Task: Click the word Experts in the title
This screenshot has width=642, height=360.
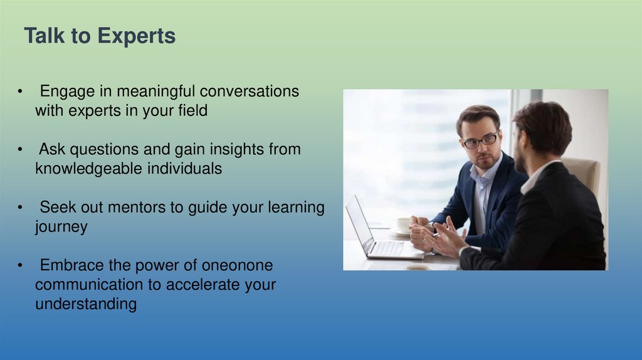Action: point(136,36)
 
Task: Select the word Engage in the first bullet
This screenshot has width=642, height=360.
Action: point(67,92)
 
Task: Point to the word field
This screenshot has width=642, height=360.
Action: point(193,110)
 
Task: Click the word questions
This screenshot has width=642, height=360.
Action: point(104,150)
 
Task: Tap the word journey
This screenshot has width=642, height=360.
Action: point(61,227)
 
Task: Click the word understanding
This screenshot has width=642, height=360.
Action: point(86,304)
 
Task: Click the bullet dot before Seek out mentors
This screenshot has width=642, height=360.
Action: point(20,208)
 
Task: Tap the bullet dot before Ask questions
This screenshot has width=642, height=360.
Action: point(20,149)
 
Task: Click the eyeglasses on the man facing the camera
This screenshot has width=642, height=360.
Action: point(480,140)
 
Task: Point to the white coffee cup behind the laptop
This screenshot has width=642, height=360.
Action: point(404,225)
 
